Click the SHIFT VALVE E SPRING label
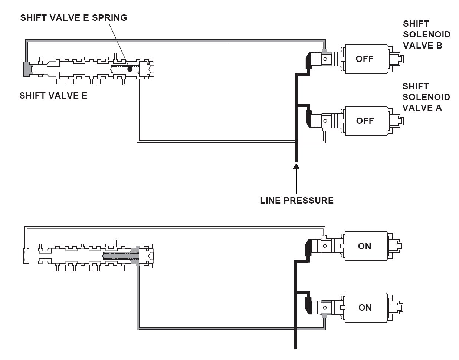tap(73, 18)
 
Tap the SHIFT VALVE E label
tap(53, 96)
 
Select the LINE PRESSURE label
tap(297, 201)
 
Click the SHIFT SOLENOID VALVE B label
tap(426, 34)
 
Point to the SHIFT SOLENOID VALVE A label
tap(426, 97)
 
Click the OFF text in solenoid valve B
tap(364, 59)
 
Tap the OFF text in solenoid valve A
tap(364, 121)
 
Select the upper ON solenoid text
tap(364, 246)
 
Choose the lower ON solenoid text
tap(364, 308)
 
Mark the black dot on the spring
tap(129, 69)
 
